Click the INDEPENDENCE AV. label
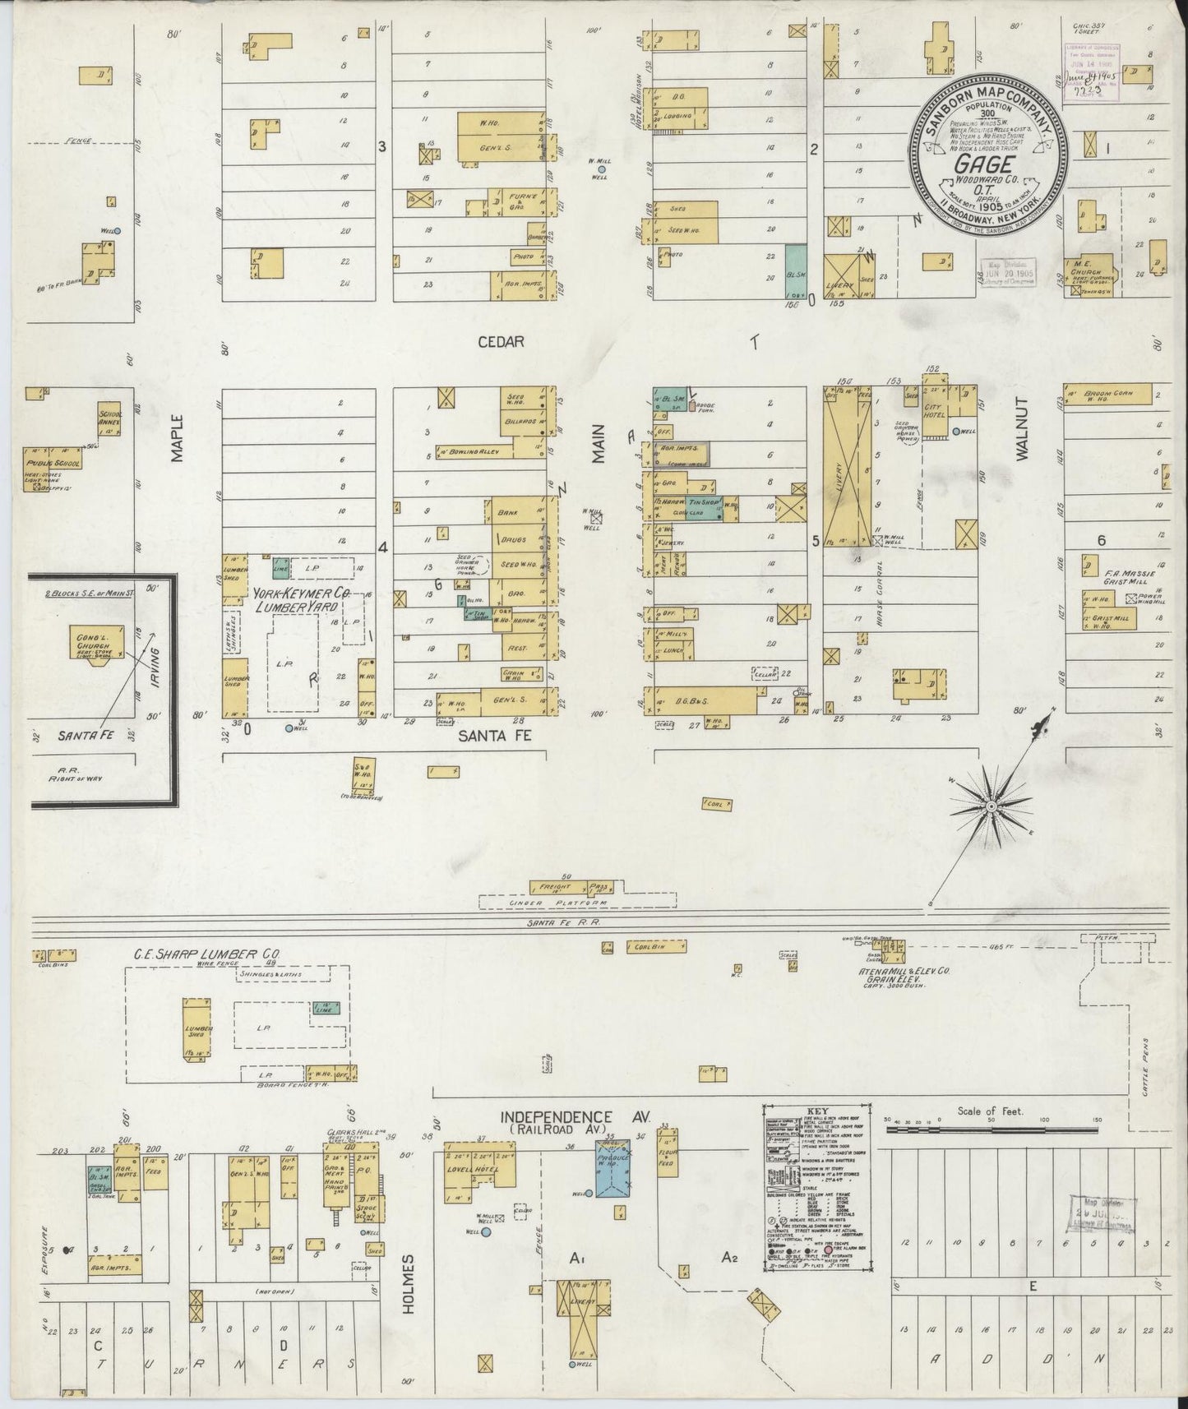576,1117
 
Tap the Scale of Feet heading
990,1111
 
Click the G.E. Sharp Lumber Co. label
207,955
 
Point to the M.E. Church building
1092,268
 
